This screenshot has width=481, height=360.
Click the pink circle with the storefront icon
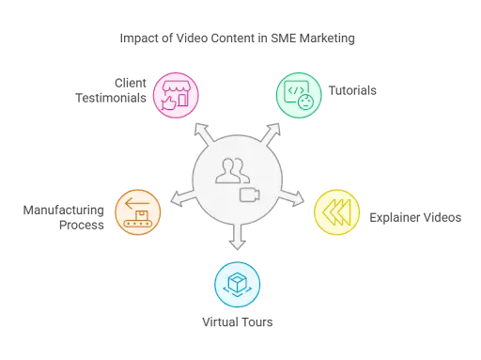176,94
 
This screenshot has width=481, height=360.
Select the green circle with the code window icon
298,94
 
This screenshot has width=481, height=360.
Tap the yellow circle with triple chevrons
336,211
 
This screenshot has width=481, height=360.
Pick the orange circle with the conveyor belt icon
138,211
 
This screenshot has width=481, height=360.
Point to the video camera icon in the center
250,195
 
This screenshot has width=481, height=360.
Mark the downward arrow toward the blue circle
238,240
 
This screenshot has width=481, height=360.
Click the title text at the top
240,39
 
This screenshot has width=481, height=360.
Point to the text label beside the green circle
356,91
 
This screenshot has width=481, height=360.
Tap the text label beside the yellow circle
416,218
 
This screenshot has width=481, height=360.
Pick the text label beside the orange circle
64,216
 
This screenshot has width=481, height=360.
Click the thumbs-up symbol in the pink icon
168,102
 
